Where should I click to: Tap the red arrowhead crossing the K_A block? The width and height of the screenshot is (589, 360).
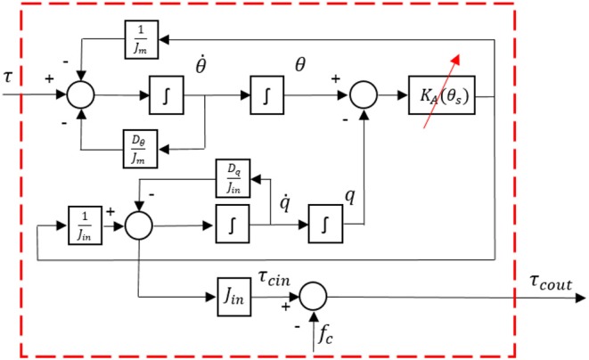458,59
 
